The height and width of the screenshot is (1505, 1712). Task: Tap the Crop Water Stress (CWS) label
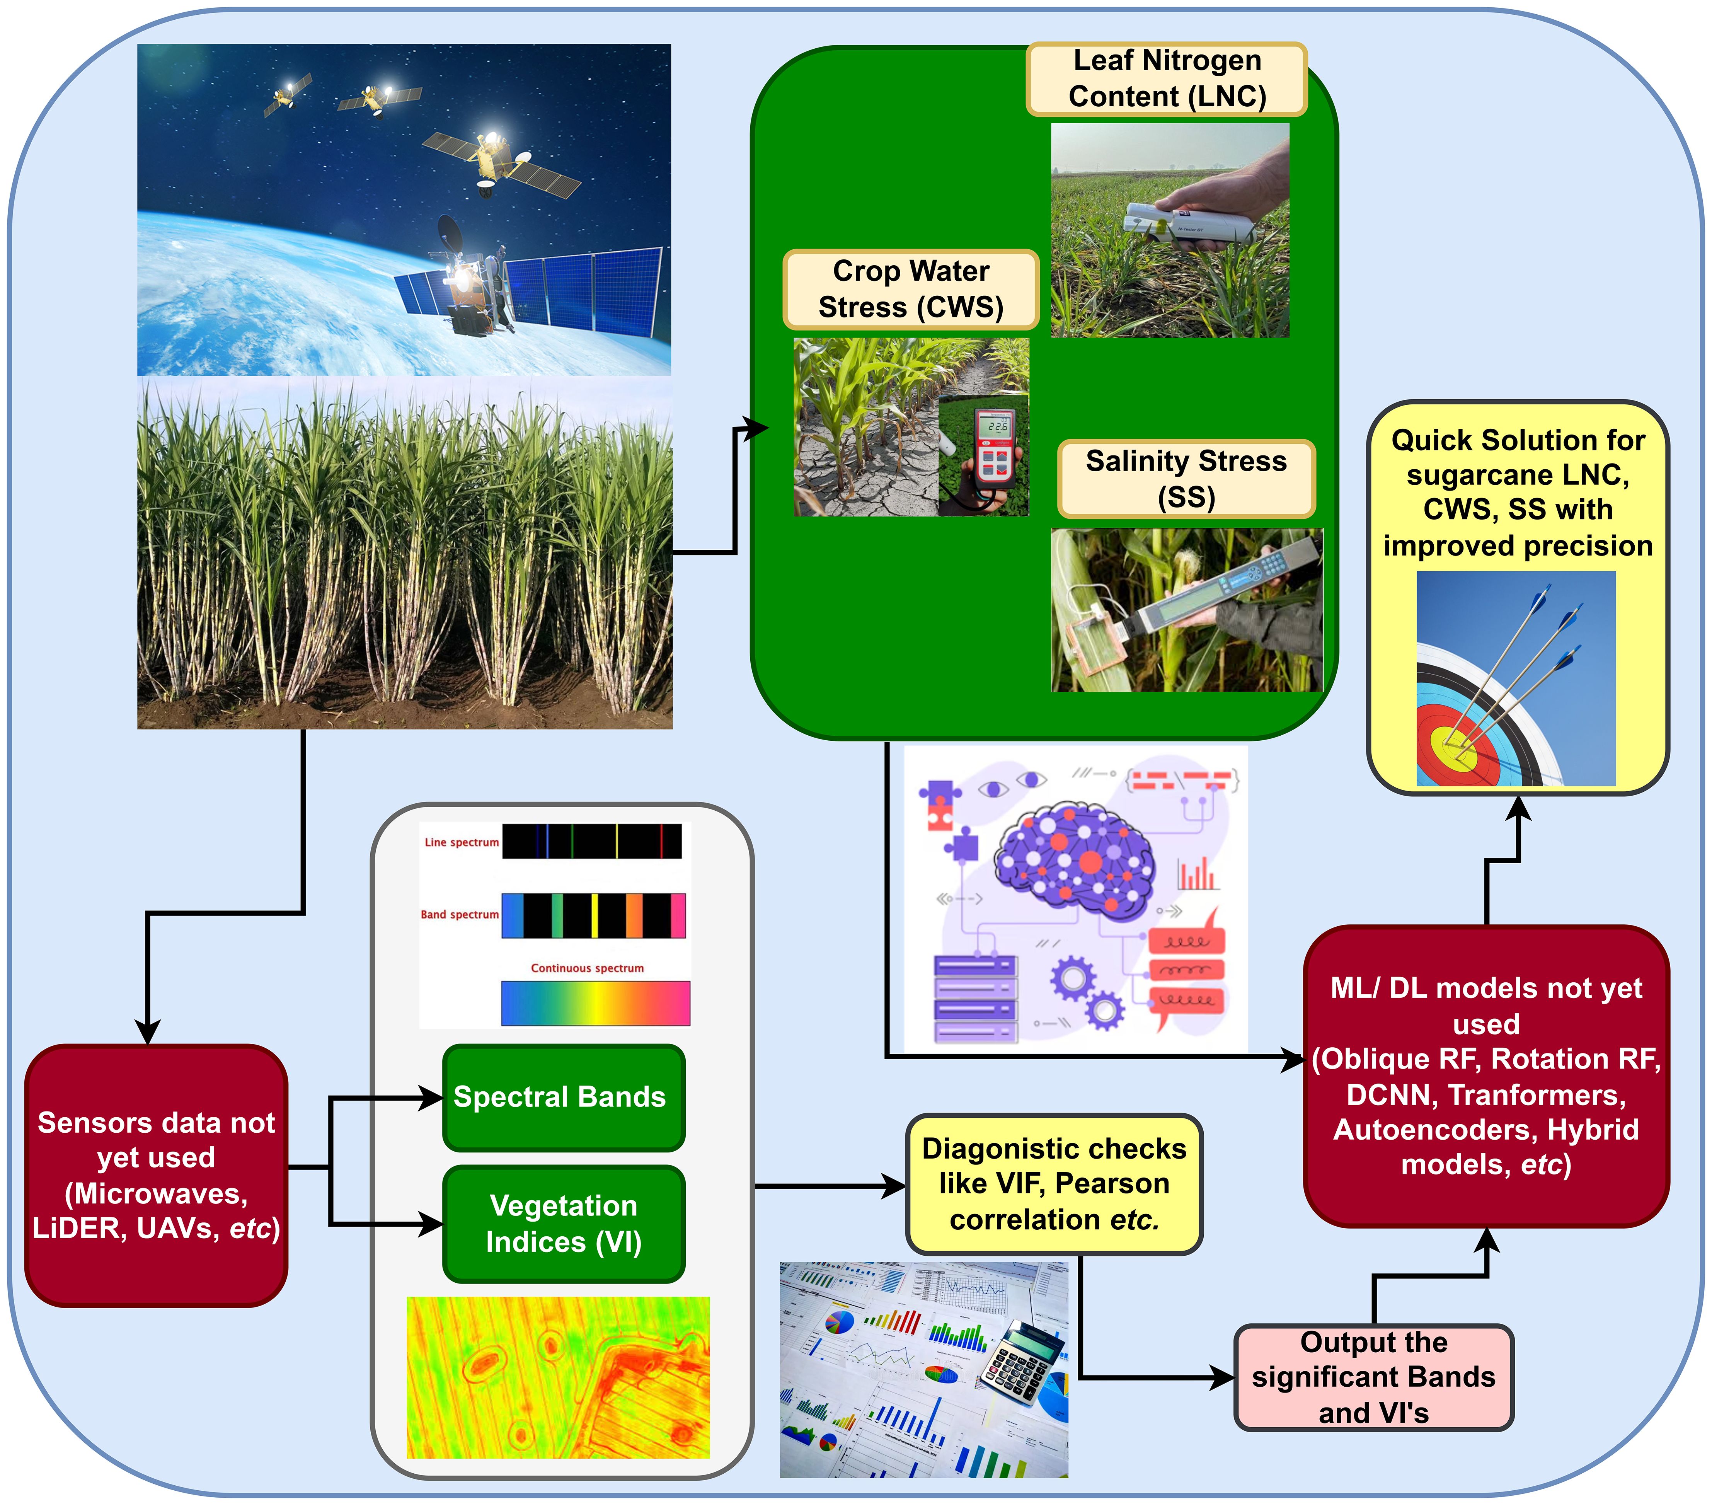pos(910,289)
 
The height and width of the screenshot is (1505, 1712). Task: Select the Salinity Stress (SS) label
pos(1186,478)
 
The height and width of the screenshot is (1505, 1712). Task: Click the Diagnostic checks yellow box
pos(1054,1183)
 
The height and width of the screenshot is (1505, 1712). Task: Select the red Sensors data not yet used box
pos(157,1175)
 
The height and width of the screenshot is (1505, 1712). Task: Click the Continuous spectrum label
pos(587,968)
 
